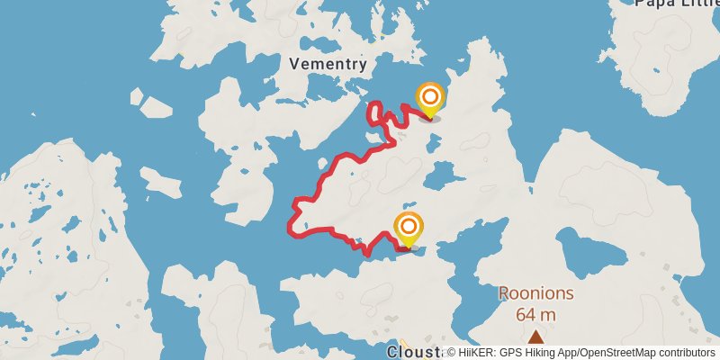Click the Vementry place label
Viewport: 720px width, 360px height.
pos(328,64)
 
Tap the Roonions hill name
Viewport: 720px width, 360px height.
pos(535,293)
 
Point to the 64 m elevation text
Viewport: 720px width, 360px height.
pos(535,314)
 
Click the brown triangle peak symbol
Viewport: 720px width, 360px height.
pos(535,337)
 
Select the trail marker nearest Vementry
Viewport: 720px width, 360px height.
pos(430,98)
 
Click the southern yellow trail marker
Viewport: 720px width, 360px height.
pos(409,229)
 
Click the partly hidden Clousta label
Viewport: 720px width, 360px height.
pos(414,352)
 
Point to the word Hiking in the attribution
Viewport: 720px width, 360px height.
pos(541,353)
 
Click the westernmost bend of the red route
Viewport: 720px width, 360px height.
pos(290,225)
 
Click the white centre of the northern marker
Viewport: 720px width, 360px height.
pos(430,94)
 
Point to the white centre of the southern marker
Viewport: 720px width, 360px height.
pos(409,225)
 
